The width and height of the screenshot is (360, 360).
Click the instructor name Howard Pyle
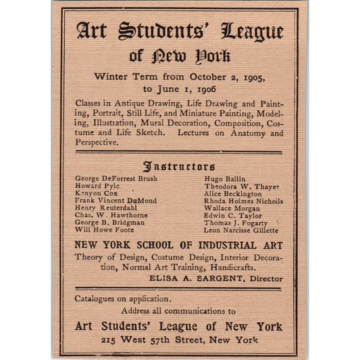pos(95,186)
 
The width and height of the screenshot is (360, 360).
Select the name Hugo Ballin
pos(220,178)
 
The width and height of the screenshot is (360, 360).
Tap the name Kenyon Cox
pos(96,193)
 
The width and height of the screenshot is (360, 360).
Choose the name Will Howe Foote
pos(104,230)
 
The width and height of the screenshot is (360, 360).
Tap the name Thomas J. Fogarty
pos(236,223)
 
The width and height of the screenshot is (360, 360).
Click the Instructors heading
pos(179,166)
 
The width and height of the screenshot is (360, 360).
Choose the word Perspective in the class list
pos(97,143)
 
